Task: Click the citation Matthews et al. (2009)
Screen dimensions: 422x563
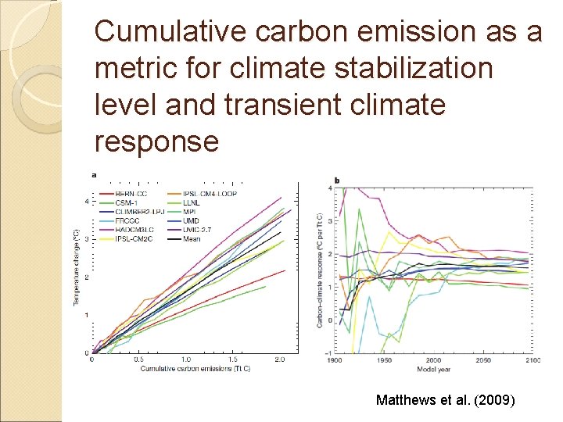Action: point(445,400)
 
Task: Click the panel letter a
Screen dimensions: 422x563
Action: point(95,175)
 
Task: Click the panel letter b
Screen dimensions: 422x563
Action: point(336,181)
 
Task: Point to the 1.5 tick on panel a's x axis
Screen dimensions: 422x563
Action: point(233,359)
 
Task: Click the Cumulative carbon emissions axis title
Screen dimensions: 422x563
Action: point(195,368)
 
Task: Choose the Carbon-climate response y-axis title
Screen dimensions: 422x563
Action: point(320,270)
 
